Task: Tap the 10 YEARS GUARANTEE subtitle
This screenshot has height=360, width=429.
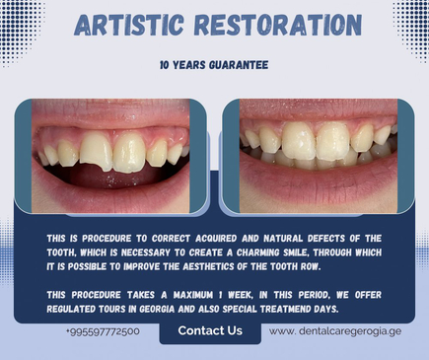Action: tap(214, 66)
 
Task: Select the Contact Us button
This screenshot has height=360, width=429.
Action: tap(209, 330)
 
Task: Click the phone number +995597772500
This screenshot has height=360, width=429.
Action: tap(103, 331)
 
